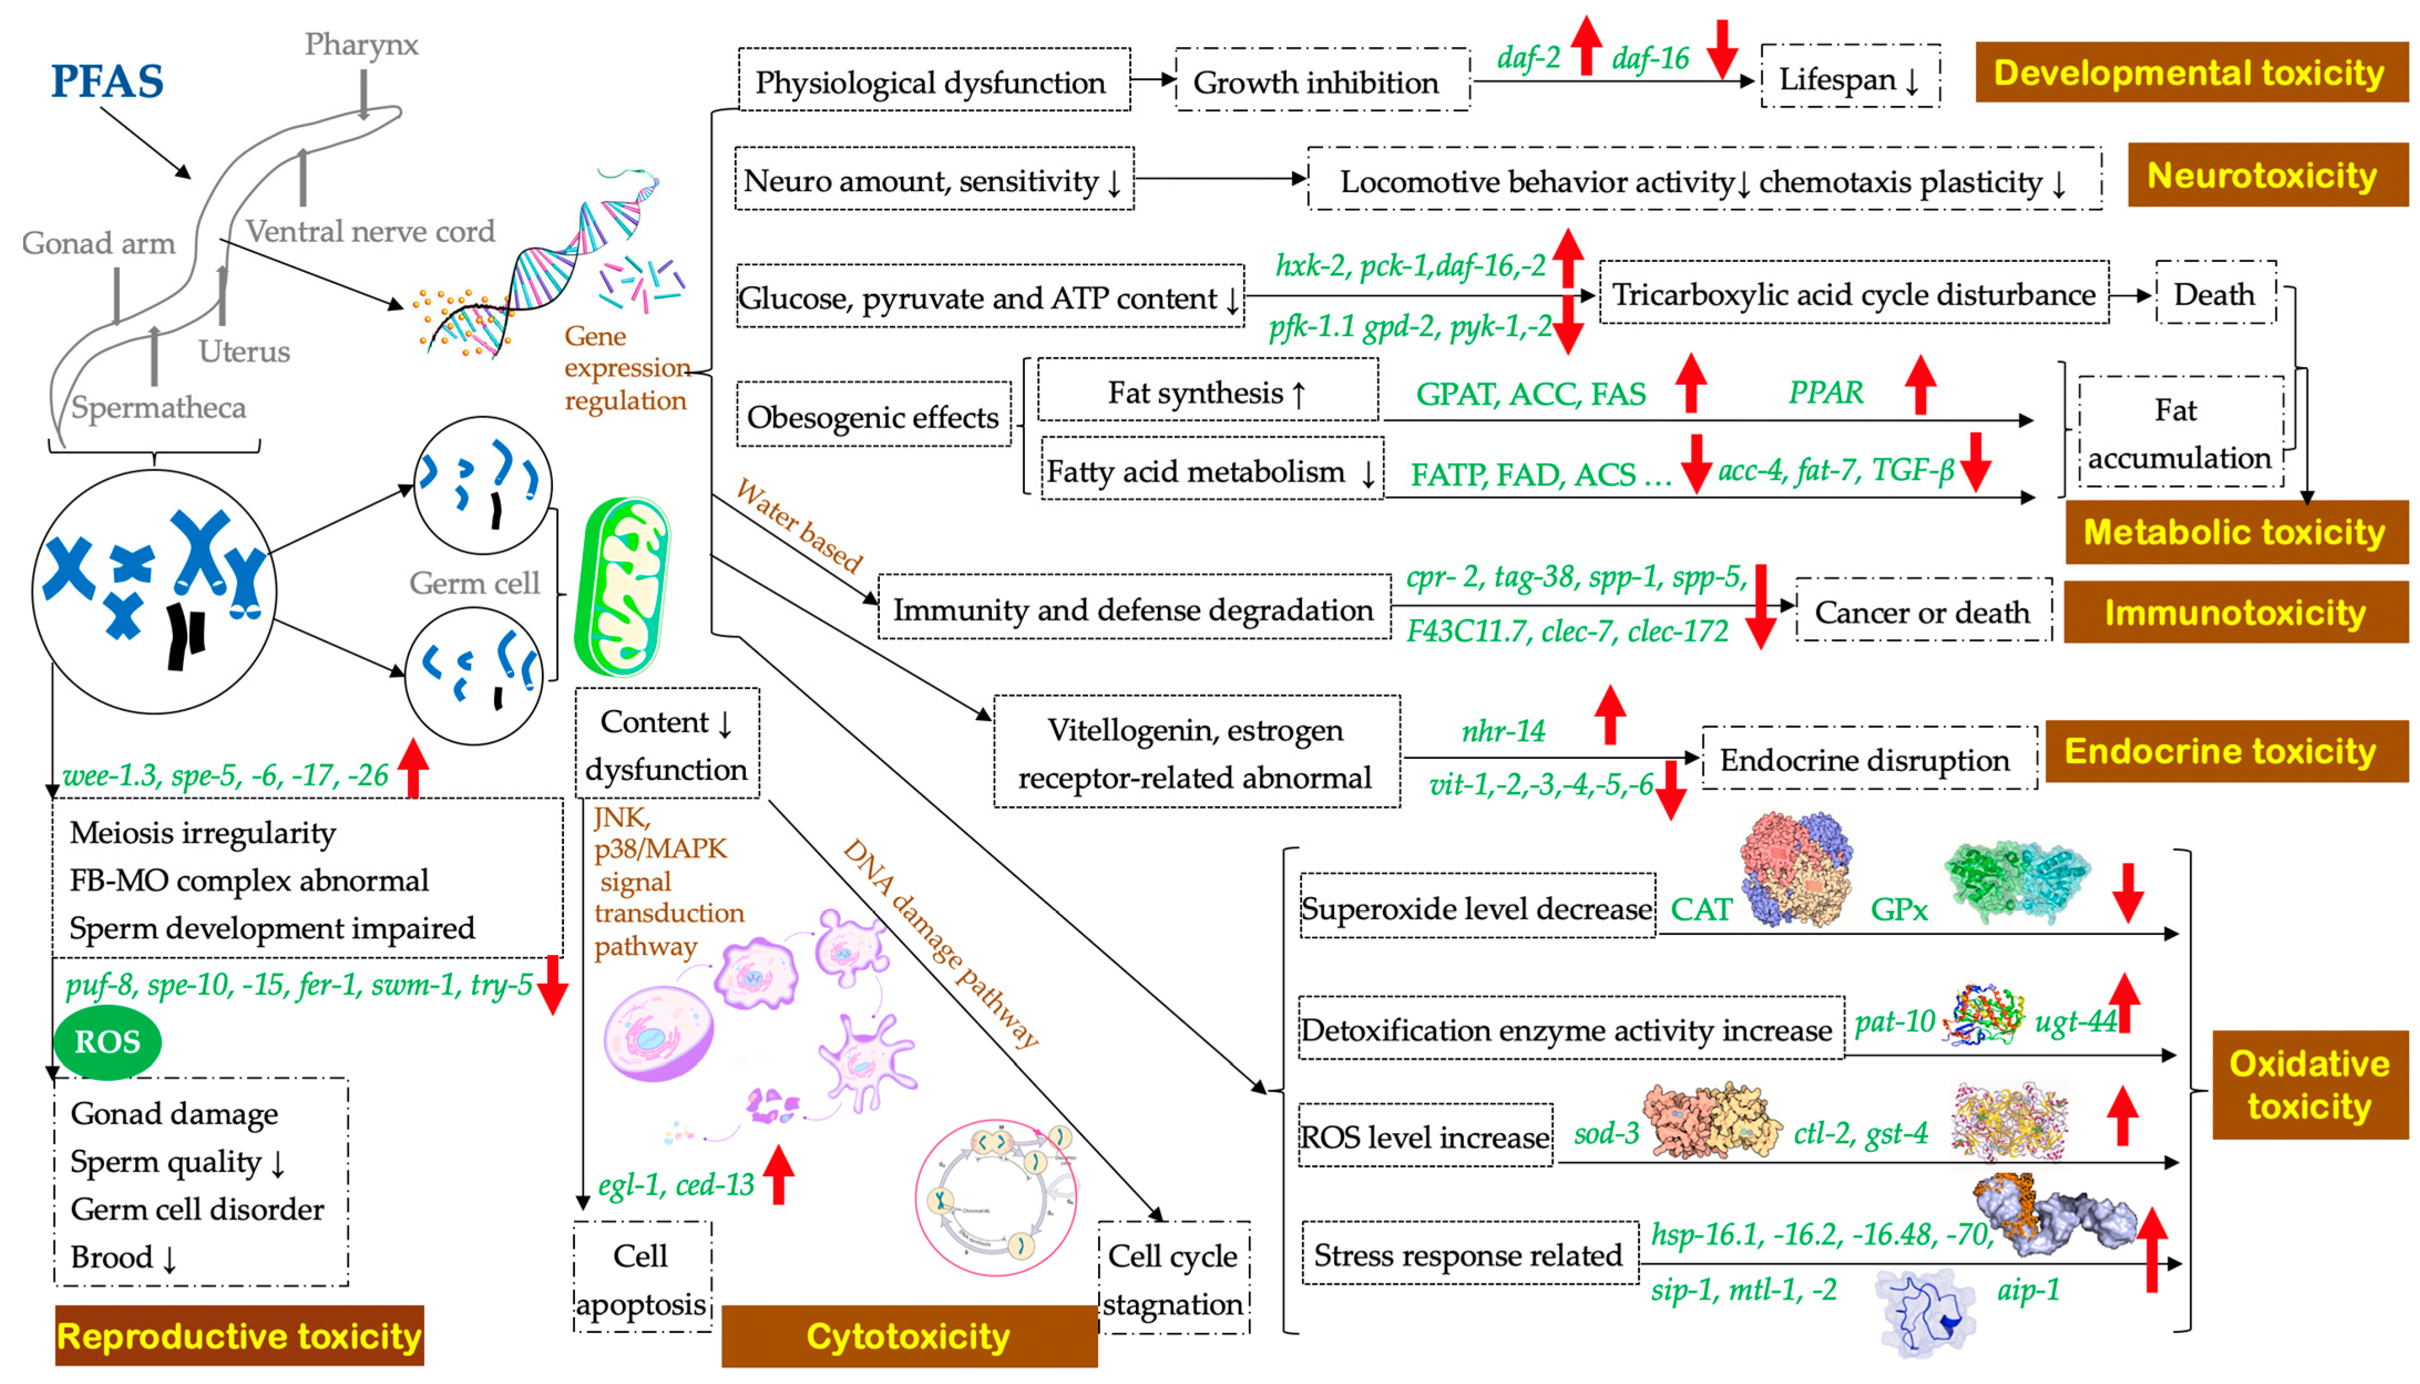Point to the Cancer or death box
pyautogui.click(x=1922, y=611)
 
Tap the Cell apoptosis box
pyautogui.click(x=642, y=1278)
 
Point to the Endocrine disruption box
pyautogui.click(x=1865, y=759)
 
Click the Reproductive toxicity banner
pyautogui.click(x=239, y=1335)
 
